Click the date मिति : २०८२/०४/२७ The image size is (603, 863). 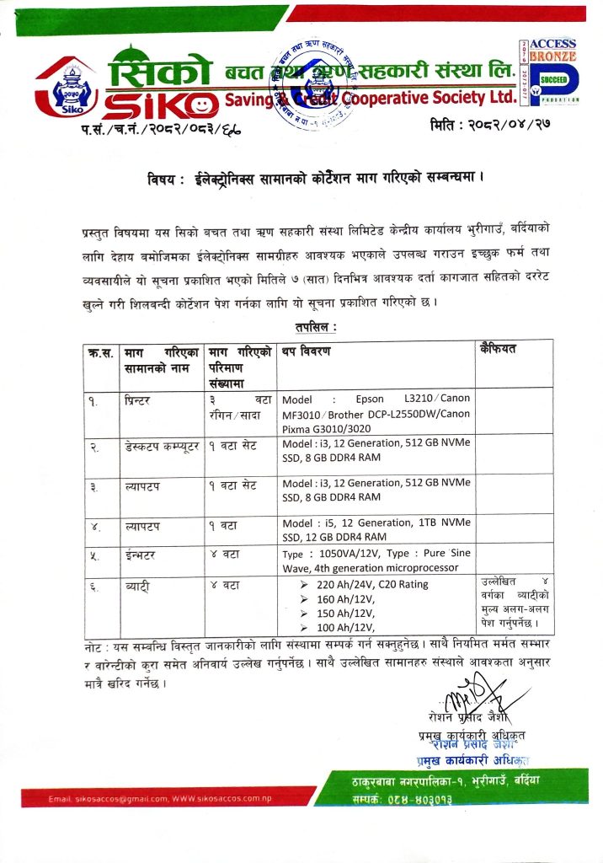486,127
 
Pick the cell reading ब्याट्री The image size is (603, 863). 137,587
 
